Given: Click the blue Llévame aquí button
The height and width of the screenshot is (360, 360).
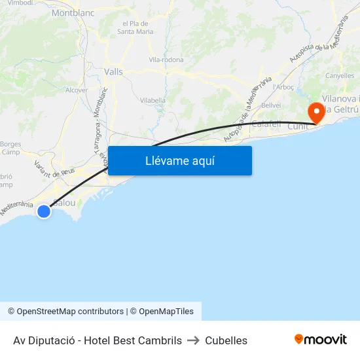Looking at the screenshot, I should coord(180,160).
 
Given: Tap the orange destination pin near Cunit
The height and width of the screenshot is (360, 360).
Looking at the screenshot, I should coord(317,111).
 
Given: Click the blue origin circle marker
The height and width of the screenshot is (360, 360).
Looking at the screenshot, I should coord(44,211).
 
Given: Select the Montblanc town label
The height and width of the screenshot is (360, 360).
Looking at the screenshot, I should coord(73,12).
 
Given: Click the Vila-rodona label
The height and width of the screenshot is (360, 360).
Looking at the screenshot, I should coord(166,60).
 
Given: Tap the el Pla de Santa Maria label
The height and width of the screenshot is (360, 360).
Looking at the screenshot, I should coord(135,27).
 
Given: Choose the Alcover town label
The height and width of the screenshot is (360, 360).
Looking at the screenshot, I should coord(77,90).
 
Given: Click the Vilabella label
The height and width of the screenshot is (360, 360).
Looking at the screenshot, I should coord(153,100).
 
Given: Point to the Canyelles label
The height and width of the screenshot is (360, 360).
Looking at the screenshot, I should coord(340,76).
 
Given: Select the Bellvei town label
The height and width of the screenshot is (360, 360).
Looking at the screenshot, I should coord(271,105).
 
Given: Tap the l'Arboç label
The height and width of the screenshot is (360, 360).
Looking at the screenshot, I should coord(283,86).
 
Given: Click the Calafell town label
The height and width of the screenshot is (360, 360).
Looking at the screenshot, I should coord(266,123).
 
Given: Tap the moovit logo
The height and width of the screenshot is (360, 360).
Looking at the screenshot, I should coord(320,340).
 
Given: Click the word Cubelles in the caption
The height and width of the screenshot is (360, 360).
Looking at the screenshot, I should coord(226,340).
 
